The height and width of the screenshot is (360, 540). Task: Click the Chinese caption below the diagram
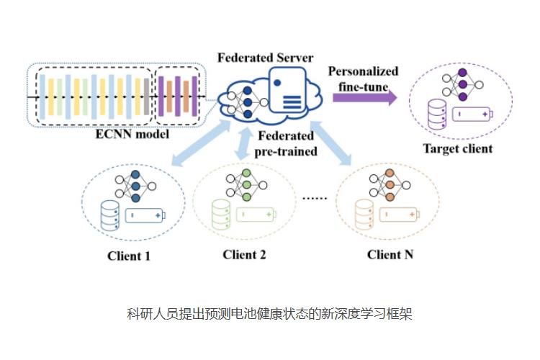click(x=269, y=315)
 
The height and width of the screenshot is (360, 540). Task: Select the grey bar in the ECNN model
click(x=146, y=95)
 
